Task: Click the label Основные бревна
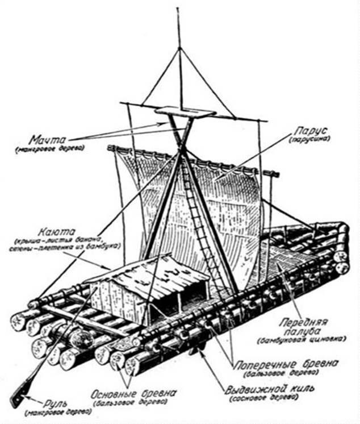coord(135,393)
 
